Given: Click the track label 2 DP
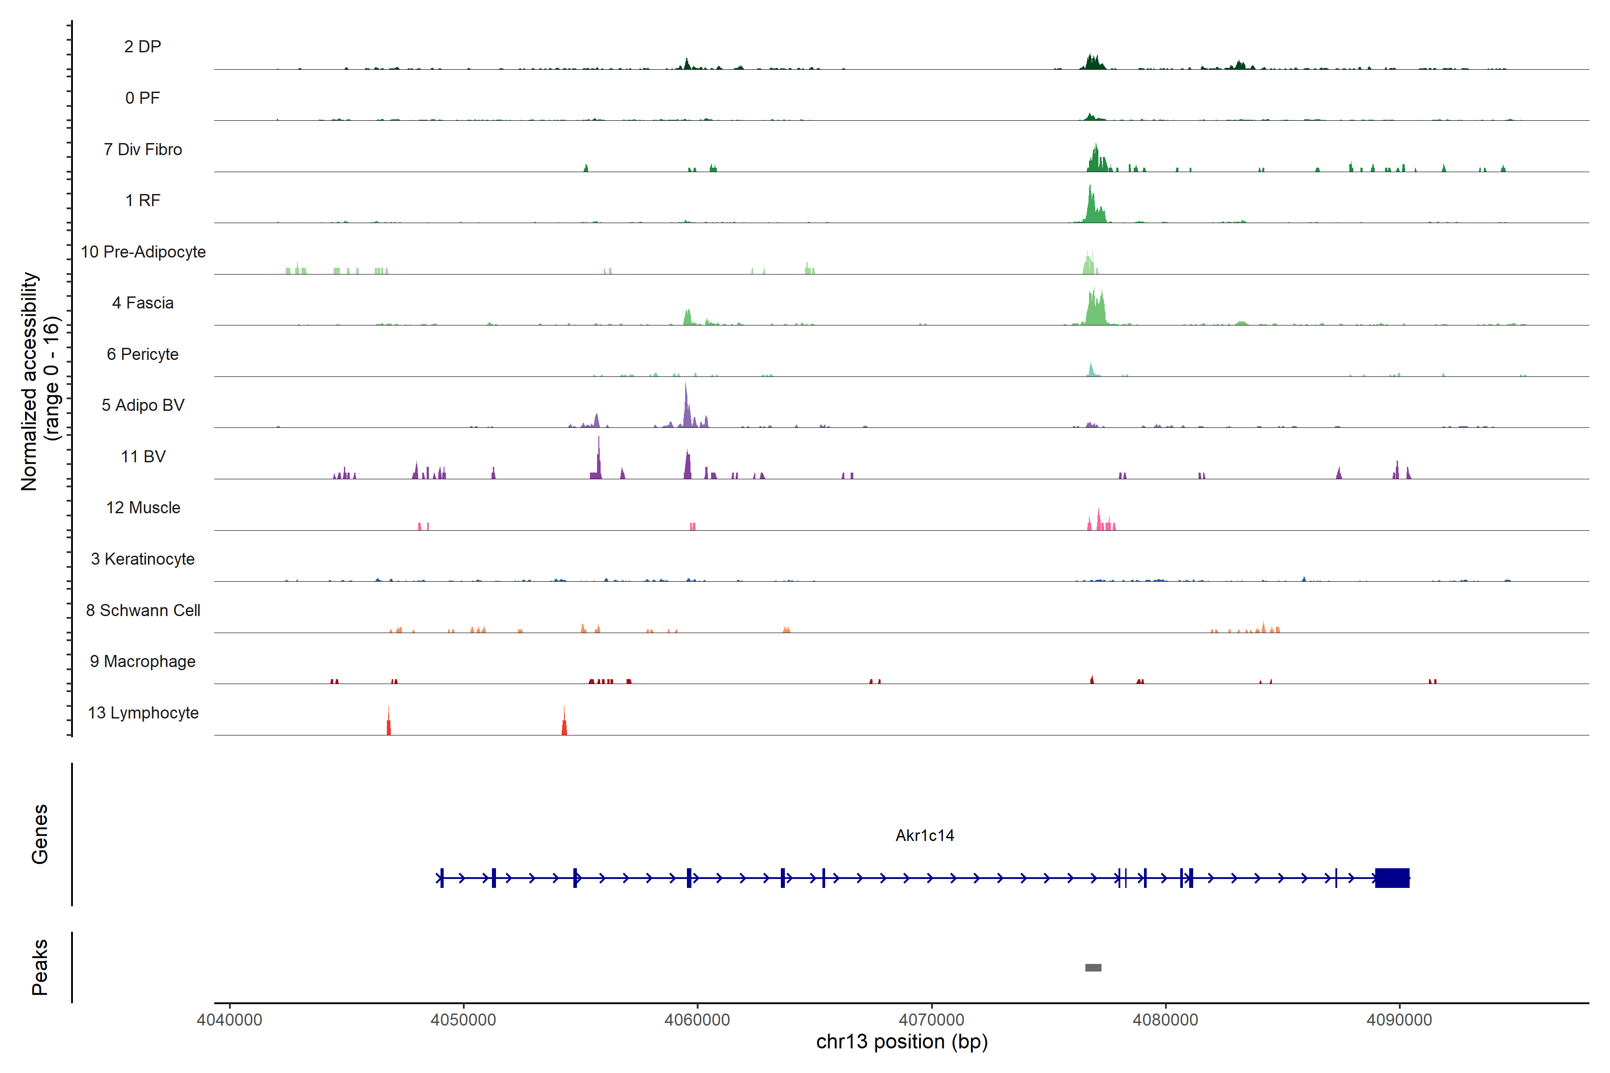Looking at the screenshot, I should (x=142, y=46).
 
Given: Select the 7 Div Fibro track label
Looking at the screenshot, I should (x=142, y=149).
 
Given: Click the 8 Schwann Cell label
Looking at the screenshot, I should (x=143, y=610).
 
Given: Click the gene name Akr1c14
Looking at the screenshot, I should (x=924, y=836).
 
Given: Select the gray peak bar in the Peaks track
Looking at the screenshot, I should (x=1093, y=967).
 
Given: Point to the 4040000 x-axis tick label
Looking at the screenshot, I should (x=229, y=1020).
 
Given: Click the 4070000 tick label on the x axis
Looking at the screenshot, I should (x=931, y=1020).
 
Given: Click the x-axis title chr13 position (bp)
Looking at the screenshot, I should (x=902, y=1042).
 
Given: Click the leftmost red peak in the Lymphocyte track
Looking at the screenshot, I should (x=389, y=722).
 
